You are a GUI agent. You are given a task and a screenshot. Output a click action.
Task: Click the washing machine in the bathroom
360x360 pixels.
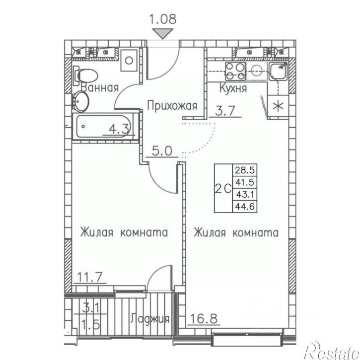tap(129, 61)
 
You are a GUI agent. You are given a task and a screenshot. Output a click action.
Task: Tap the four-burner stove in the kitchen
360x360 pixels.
tap(234, 71)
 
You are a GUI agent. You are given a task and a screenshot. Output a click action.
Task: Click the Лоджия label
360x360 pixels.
tap(150, 319)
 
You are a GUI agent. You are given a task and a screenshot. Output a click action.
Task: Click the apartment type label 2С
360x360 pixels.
tap(222, 188)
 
